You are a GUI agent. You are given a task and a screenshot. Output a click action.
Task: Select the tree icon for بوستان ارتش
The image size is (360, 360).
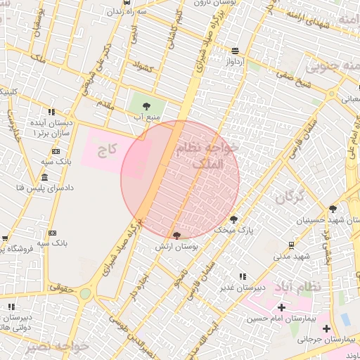176,235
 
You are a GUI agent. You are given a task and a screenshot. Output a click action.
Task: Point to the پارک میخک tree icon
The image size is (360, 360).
233,218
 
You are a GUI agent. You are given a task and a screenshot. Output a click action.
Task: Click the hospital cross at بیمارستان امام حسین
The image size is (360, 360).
281,307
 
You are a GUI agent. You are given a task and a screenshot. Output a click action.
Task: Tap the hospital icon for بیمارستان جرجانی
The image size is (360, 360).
326,328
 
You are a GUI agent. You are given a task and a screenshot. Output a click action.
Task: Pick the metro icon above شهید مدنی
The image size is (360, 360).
291,245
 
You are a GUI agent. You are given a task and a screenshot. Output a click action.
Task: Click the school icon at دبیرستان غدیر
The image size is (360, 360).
243,277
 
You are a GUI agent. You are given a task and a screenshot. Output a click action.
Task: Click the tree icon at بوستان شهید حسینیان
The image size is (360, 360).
332,208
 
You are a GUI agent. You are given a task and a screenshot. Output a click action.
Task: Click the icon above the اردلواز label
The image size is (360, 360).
234,51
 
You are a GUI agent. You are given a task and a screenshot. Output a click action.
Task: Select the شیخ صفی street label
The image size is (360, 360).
293,79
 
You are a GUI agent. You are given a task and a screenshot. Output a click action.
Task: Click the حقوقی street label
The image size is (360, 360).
63,287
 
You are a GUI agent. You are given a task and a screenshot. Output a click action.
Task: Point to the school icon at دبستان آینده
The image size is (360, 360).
51,111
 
